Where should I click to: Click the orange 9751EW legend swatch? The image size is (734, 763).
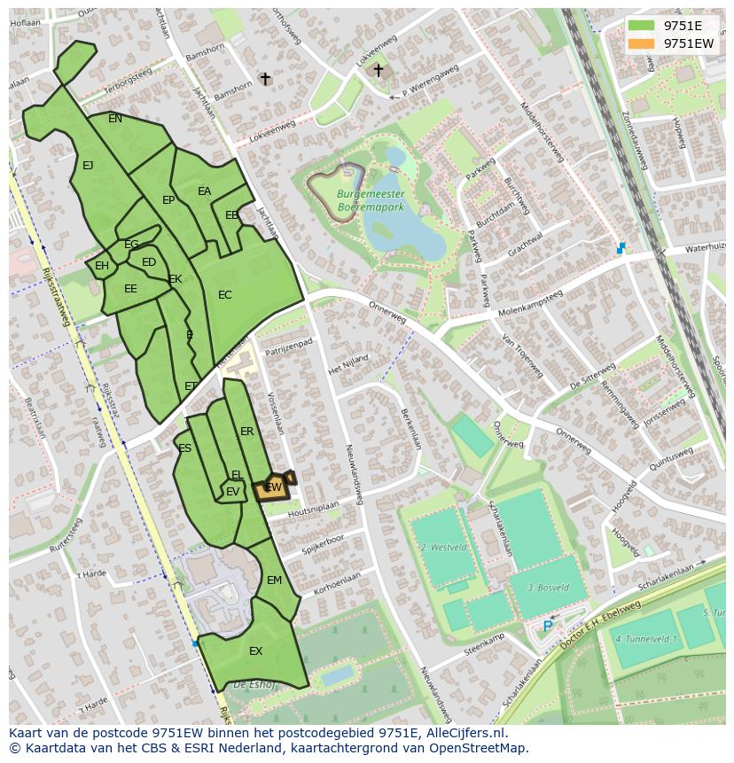pyautogui.click(x=642, y=43)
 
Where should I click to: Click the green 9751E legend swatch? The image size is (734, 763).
pyautogui.click(x=642, y=26)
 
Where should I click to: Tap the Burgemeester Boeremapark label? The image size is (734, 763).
pyautogui.click(x=371, y=199)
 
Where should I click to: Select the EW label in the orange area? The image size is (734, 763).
pyautogui.click(x=274, y=487)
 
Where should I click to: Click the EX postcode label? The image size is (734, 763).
pyautogui.click(x=255, y=651)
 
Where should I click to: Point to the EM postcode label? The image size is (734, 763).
pyautogui.click(x=274, y=580)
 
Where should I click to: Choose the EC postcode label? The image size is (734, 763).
pyautogui.click(x=225, y=294)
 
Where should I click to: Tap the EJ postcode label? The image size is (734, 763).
pyautogui.click(x=88, y=165)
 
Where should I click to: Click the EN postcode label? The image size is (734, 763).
pyautogui.click(x=115, y=119)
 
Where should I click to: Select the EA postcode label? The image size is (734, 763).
pyautogui.click(x=205, y=191)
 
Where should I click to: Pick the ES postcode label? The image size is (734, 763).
pyautogui.click(x=184, y=448)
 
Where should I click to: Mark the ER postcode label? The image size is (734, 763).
pyautogui.click(x=247, y=432)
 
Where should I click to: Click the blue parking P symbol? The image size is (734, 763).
pyautogui.click(x=548, y=626)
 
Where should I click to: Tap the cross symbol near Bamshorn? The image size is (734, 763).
pyautogui.click(x=264, y=79)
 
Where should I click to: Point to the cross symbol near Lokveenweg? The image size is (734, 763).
pyautogui.click(x=378, y=70)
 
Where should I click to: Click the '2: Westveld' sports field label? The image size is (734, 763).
pyautogui.click(x=444, y=548)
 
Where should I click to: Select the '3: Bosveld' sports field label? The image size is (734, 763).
pyautogui.click(x=548, y=588)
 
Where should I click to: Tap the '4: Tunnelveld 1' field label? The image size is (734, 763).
pyautogui.click(x=646, y=639)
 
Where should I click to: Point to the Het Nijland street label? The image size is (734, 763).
pyautogui.click(x=347, y=364)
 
